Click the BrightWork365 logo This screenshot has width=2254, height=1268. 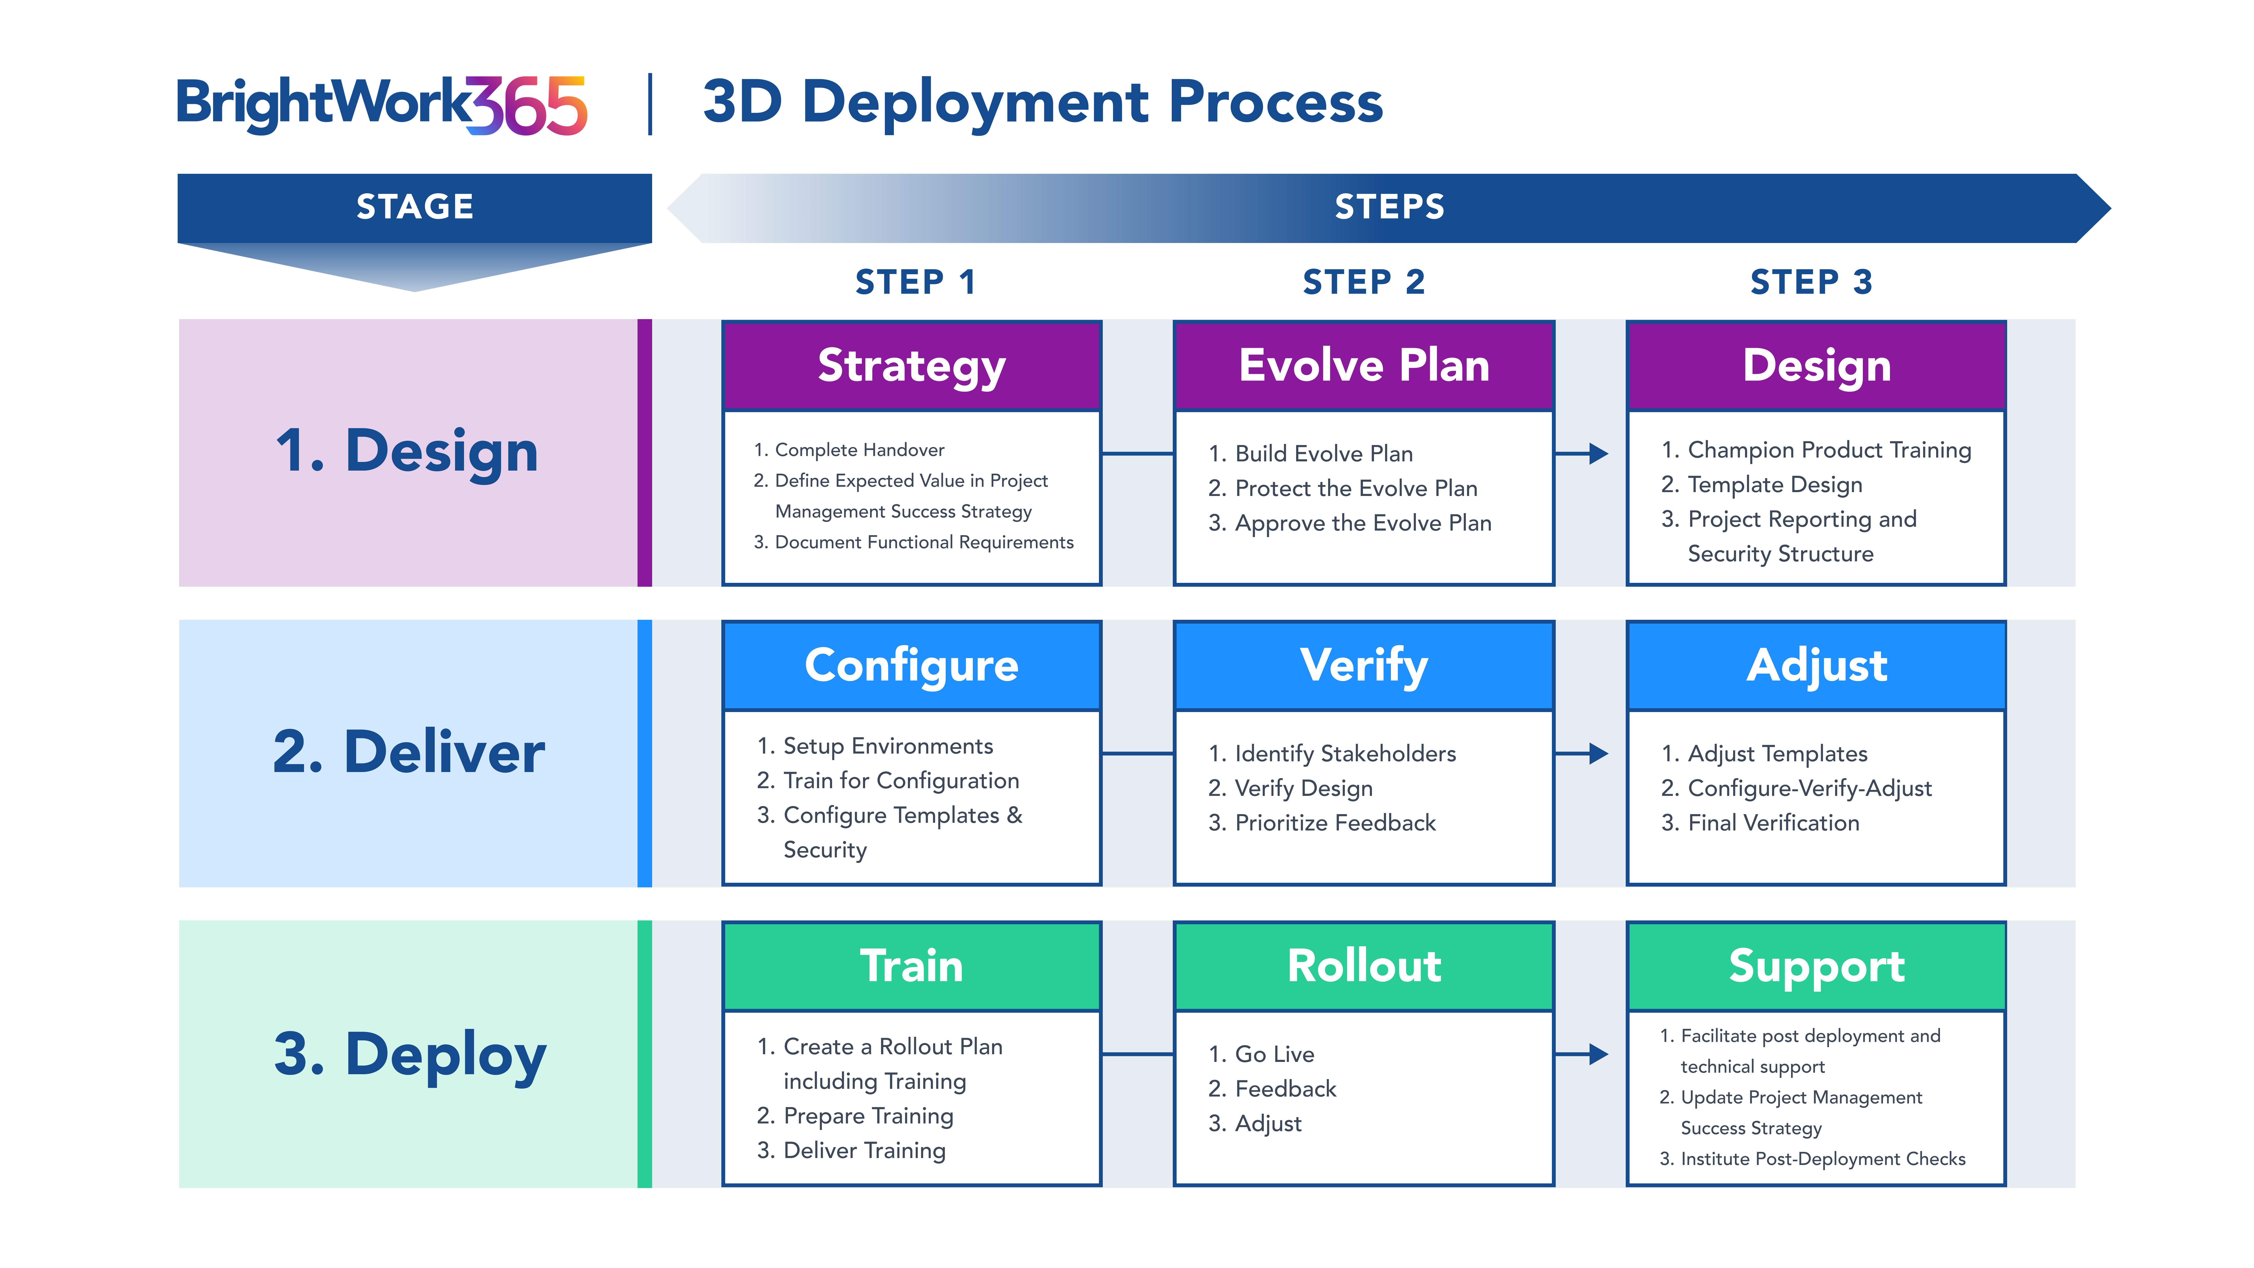click(381, 105)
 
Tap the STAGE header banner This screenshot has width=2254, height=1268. click(415, 208)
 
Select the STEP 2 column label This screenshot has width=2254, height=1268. click(1363, 282)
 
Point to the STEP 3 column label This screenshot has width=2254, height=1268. click(1811, 282)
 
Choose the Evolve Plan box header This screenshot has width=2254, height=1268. click(1363, 366)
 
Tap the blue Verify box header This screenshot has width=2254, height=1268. click(1363, 666)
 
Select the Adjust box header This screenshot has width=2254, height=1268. click(1816, 666)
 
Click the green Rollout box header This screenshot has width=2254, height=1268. click(1363, 966)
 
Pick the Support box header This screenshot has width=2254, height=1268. click(1816, 966)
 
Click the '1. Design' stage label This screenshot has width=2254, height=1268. click(407, 452)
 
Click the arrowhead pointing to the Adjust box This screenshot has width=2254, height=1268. click(1599, 754)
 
